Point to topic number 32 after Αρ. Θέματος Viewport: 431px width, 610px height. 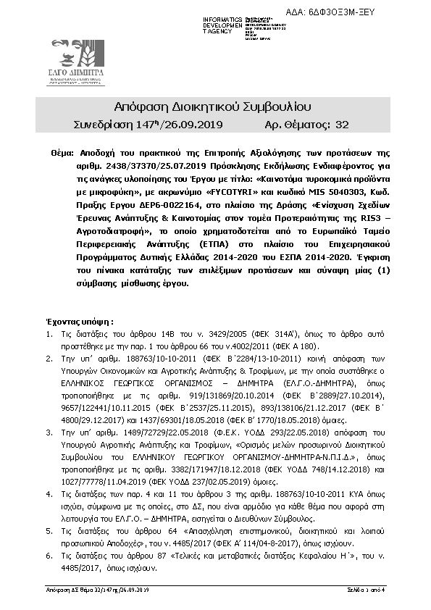point(343,125)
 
